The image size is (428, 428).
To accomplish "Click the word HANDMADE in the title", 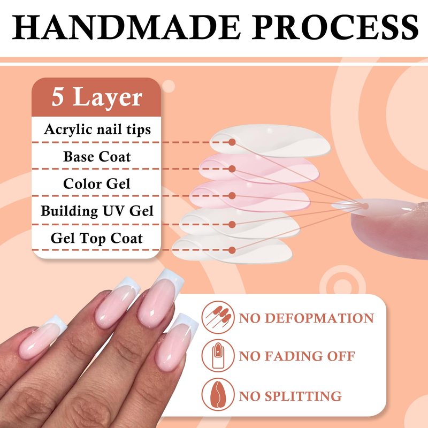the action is pyautogui.click(x=126, y=27).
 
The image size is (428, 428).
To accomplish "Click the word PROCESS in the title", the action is pyautogui.click(x=335, y=27).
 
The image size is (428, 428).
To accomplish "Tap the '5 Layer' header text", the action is pyautogui.click(x=97, y=98).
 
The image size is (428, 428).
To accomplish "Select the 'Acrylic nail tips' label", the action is pyautogui.click(x=97, y=129).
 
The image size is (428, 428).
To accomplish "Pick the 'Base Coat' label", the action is pyautogui.click(x=97, y=157).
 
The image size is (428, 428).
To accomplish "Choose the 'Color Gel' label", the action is pyautogui.click(x=97, y=184).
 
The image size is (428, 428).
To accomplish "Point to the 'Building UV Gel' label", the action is pyautogui.click(x=97, y=211).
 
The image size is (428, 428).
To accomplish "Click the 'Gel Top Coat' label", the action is pyautogui.click(x=97, y=238).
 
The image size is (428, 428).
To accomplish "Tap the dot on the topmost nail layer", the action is pyautogui.click(x=232, y=142).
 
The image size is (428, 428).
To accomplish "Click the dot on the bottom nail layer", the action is pyautogui.click(x=232, y=250).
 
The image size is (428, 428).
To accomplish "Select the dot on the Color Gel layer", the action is pyautogui.click(x=232, y=196).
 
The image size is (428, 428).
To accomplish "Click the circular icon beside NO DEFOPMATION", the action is pyautogui.click(x=218, y=317).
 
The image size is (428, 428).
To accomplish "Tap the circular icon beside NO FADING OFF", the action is pyautogui.click(x=218, y=356).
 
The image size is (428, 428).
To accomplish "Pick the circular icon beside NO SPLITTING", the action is pyautogui.click(x=218, y=394).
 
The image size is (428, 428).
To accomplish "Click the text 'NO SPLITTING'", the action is pyautogui.click(x=290, y=396).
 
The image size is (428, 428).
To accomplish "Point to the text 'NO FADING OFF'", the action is pyautogui.click(x=297, y=356).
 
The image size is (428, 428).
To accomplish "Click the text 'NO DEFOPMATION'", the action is pyautogui.click(x=306, y=318).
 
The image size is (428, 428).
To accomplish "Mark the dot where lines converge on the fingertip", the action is pyautogui.click(x=365, y=206).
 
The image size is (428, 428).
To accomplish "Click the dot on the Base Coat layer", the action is pyautogui.click(x=232, y=169).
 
